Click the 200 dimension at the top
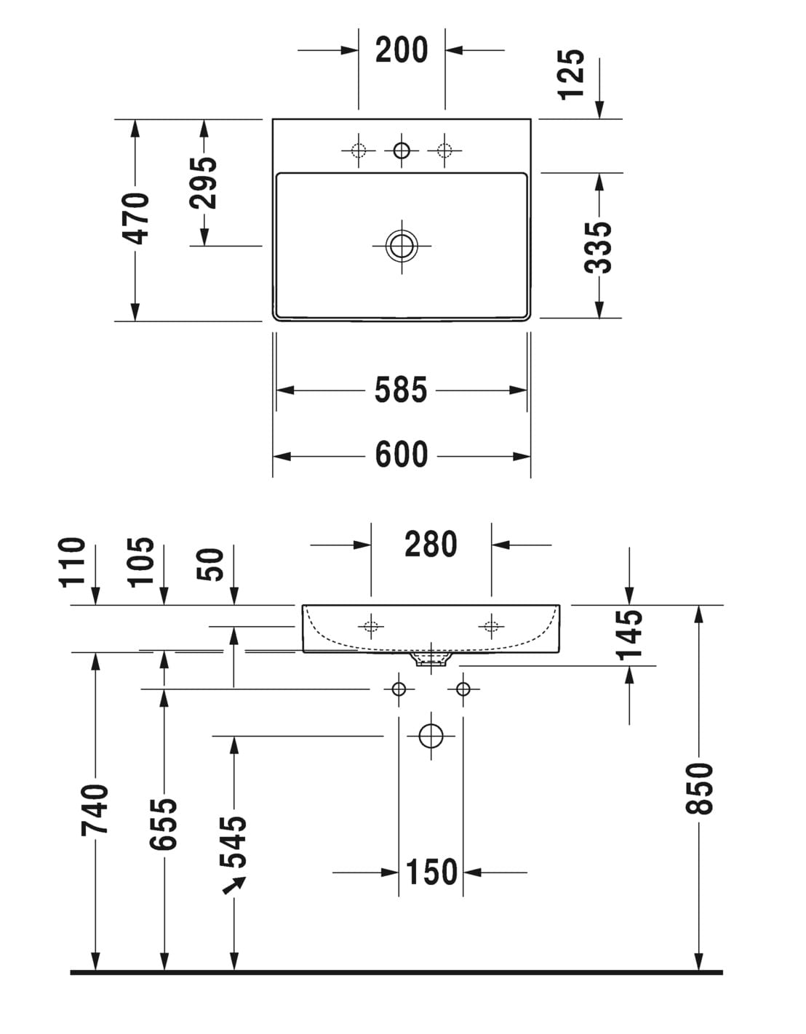[402, 50]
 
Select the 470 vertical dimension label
[135, 217]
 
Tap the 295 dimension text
[205, 182]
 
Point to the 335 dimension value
[599, 247]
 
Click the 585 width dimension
[401, 390]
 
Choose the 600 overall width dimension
[402, 455]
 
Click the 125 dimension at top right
[572, 73]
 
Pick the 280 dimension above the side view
[431, 544]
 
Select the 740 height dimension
[95, 809]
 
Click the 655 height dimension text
[164, 823]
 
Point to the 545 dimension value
[234, 842]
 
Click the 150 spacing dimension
[431, 872]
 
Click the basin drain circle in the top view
[402, 246]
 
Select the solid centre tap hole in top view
[402, 151]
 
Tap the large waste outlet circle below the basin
[431, 736]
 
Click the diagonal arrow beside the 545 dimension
[234, 885]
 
